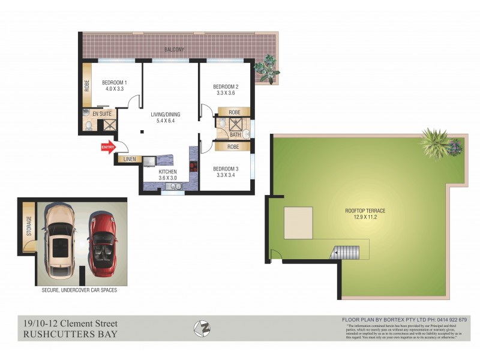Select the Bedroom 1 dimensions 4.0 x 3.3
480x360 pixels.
click(114, 89)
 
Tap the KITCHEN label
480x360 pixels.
click(168, 172)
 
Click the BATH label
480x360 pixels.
click(235, 134)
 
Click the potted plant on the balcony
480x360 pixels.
click(266, 68)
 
